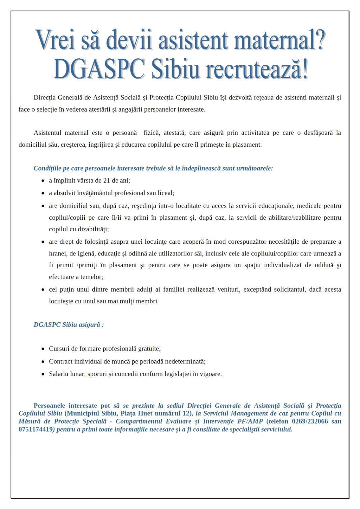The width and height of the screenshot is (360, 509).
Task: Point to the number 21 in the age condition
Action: coord(107,181)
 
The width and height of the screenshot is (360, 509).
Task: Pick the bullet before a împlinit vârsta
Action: coord(43,181)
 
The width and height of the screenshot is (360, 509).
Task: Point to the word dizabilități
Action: coord(93,229)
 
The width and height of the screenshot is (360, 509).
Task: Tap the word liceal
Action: coord(165,193)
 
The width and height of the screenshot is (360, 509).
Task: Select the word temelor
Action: coord(92,277)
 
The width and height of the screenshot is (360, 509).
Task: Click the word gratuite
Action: coord(149,349)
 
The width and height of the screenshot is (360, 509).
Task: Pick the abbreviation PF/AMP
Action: coord(250,421)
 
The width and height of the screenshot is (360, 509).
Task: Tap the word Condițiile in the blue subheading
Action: coord(47,168)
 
